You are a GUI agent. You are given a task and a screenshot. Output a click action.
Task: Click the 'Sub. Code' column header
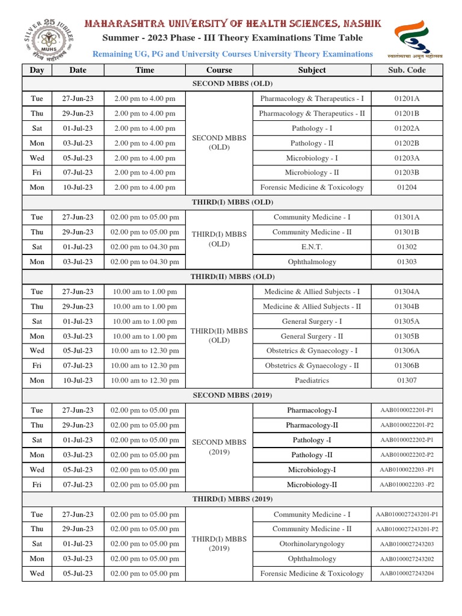tap(407, 70)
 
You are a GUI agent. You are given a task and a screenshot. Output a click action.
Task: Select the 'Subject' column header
tap(312, 70)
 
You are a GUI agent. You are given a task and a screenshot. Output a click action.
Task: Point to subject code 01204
tap(407, 187)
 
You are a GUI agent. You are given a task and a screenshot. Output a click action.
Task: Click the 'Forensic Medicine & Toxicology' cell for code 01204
tap(312, 187)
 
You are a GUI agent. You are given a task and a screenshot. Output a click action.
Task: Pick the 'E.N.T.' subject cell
tap(312, 247)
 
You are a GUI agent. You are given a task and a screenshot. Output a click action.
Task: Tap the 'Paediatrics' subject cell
tap(312, 380)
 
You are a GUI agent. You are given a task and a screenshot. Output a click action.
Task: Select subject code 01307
tap(407, 380)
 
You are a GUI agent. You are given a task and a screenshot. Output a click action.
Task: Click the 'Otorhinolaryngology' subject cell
tap(312, 544)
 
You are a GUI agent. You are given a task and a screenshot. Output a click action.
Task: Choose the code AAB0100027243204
tap(407, 573)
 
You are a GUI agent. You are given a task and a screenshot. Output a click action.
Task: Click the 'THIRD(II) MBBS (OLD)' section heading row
tap(232, 277)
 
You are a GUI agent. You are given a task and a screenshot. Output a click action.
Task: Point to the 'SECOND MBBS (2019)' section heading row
tap(232, 395)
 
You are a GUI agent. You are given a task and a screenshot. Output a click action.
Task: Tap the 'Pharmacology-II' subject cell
tap(312, 425)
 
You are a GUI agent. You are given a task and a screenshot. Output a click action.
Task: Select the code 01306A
tap(407, 351)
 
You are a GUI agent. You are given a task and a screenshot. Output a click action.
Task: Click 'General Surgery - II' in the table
tap(312, 336)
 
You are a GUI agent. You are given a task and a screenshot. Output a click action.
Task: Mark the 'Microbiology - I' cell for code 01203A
tap(312, 158)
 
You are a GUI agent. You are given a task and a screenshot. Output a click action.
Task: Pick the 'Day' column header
tap(37, 70)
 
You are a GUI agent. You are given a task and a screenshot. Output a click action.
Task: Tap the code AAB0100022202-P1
tap(407, 440)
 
